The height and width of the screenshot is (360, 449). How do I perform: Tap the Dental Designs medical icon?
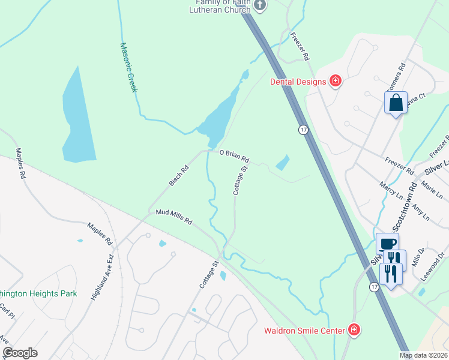pyautogui.click(x=336, y=81)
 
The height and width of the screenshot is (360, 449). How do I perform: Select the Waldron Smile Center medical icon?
pyautogui.click(x=354, y=330)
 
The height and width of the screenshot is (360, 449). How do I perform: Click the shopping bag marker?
pyautogui.click(x=396, y=103)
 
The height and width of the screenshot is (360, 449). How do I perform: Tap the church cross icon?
pyautogui.click(x=260, y=6)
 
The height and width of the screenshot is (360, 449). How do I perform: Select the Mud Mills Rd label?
pyautogui.click(x=173, y=217)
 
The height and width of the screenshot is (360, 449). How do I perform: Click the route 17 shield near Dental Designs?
pyautogui.click(x=304, y=130)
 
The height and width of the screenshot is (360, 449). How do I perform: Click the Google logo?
pyautogui.click(x=20, y=353)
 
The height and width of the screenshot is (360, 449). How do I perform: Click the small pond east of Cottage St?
pyautogui.click(x=282, y=163)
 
